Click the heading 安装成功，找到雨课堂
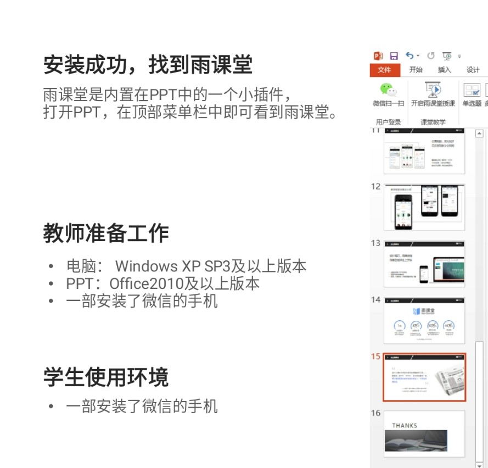click(x=148, y=65)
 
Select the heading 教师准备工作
click(x=106, y=233)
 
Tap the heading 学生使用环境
click(x=106, y=377)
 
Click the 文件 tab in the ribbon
click(x=384, y=70)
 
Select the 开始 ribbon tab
click(x=416, y=70)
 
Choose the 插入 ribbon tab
click(x=444, y=70)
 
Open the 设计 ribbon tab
click(x=473, y=70)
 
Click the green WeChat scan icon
click(x=388, y=89)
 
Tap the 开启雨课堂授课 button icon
click(x=433, y=89)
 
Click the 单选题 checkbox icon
click(x=472, y=90)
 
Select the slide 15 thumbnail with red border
click(x=424, y=377)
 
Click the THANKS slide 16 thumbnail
click(x=424, y=434)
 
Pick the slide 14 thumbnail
click(x=424, y=321)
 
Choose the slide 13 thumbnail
click(x=424, y=264)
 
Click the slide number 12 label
click(x=375, y=186)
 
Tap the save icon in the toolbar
click(x=394, y=55)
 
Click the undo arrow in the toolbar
click(x=410, y=55)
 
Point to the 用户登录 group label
click(x=388, y=122)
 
